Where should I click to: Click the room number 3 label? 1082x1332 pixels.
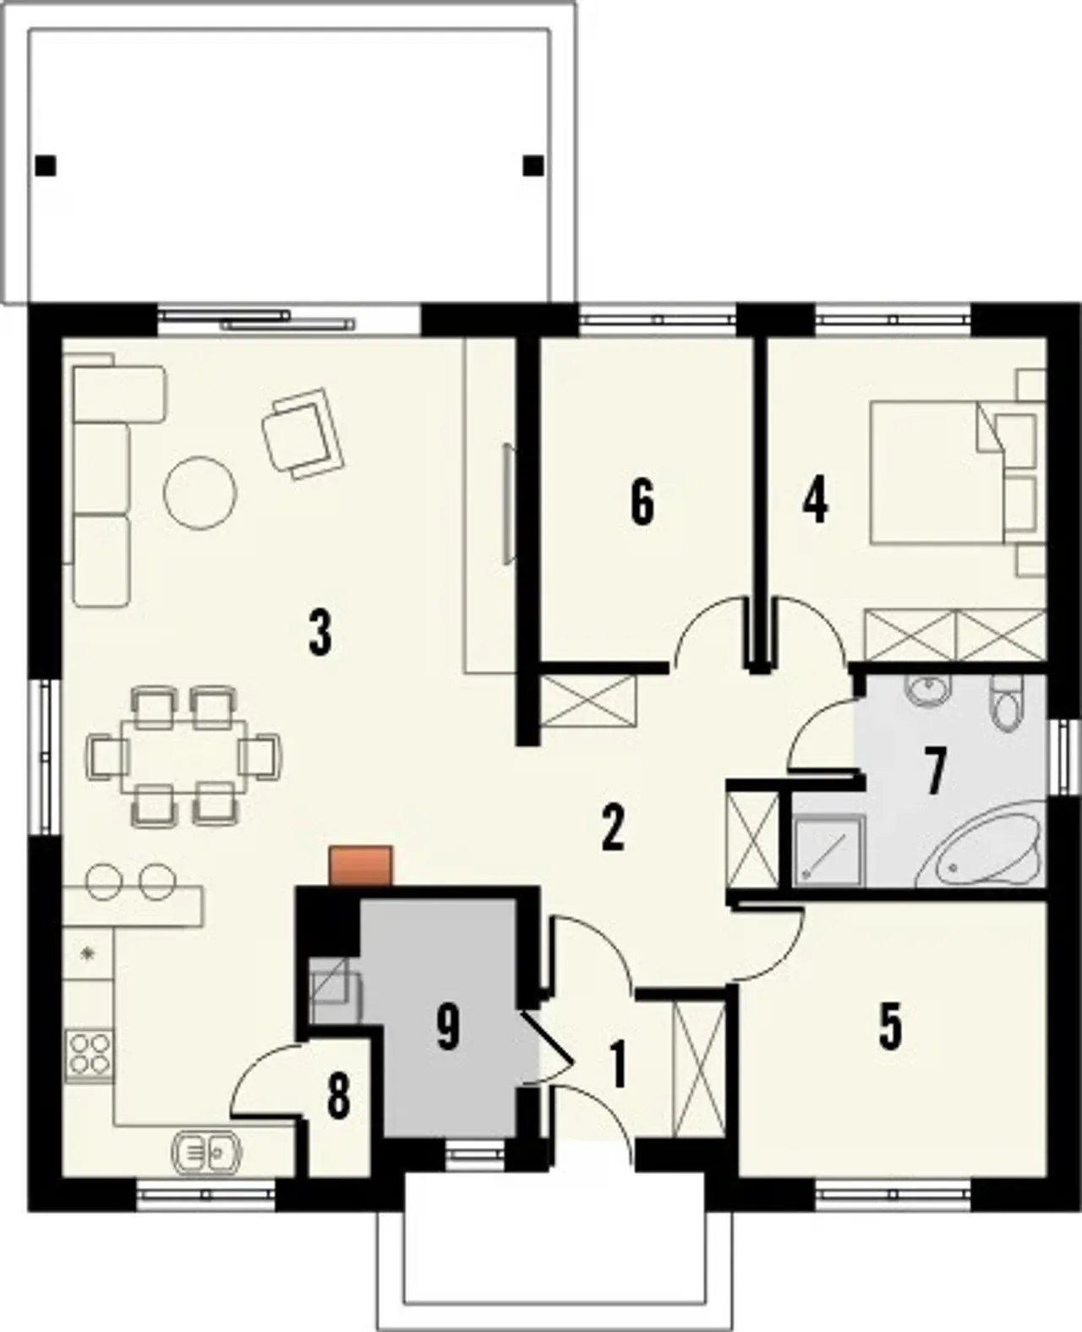click(320, 635)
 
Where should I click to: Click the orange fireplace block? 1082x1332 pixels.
click(360, 866)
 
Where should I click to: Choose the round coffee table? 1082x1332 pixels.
click(200, 493)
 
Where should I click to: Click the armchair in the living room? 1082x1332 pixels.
click(303, 434)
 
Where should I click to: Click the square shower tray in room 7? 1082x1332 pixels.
click(828, 851)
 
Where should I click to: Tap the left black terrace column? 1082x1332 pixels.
click(46, 166)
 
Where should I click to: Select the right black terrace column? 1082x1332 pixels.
click(533, 166)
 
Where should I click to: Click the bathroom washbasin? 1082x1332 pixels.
click(927, 689)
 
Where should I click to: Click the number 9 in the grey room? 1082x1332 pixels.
click(448, 1027)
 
